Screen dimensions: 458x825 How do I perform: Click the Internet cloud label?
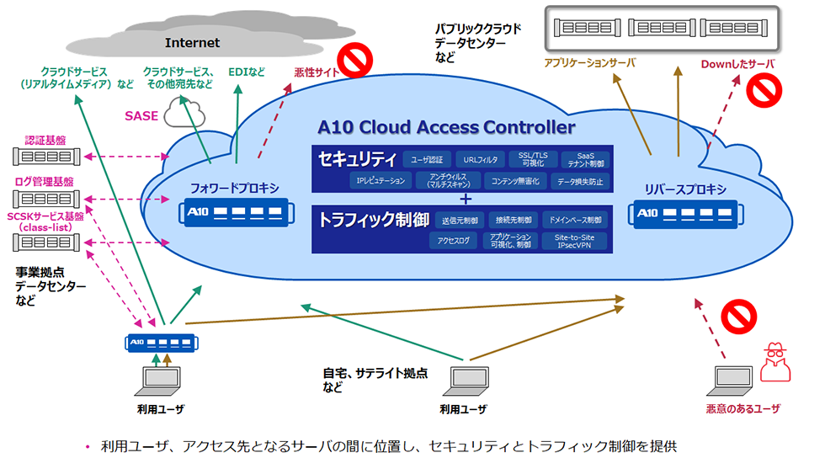(192, 42)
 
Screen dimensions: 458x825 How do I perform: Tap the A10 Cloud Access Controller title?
(446, 128)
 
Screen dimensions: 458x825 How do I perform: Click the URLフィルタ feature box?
(479, 159)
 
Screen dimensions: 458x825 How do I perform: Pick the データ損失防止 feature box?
(579, 181)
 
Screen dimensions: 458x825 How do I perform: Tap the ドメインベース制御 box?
(574, 221)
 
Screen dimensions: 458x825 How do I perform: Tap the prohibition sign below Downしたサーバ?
(765, 90)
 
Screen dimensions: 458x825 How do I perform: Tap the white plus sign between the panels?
(465, 199)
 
